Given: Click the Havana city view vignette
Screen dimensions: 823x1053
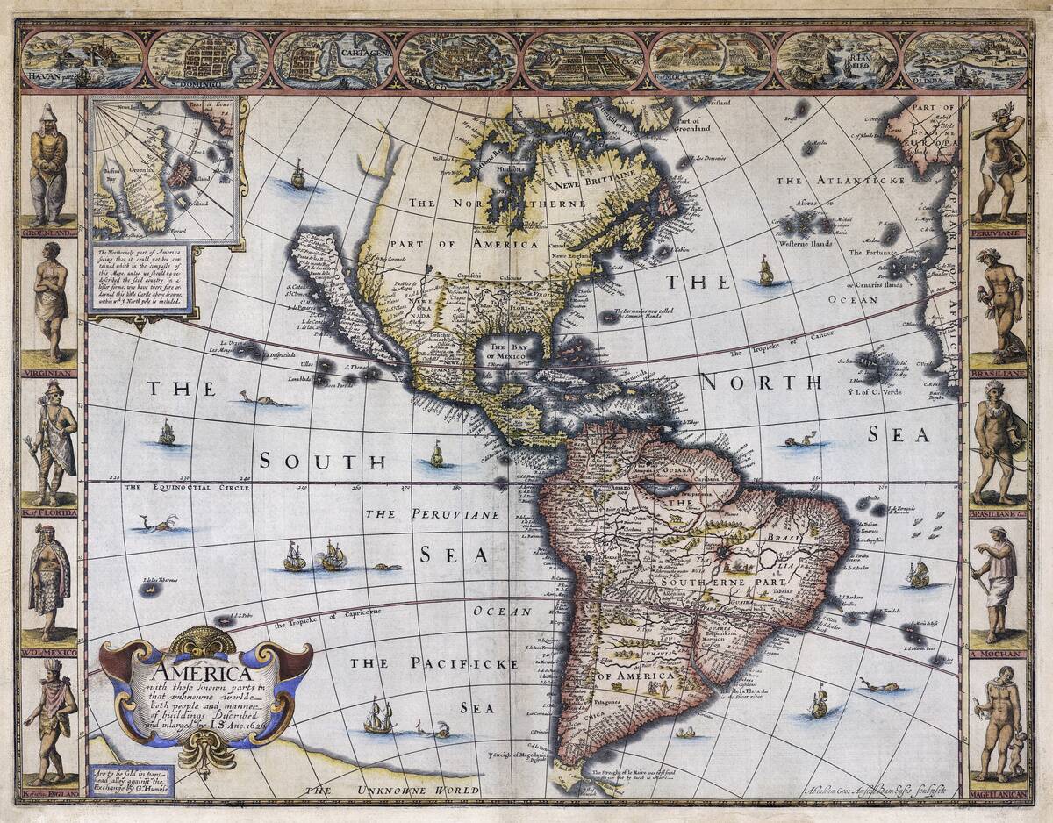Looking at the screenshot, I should pyautogui.click(x=81, y=60).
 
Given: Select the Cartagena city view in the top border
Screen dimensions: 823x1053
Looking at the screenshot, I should pyautogui.click(x=332, y=60).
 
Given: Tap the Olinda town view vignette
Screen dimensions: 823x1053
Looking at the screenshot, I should pyautogui.click(x=962, y=60).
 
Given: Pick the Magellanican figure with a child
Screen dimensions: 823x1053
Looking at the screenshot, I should pyautogui.click(x=999, y=724).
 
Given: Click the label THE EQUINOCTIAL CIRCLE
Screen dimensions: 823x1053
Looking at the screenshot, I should pyautogui.click(x=174, y=487).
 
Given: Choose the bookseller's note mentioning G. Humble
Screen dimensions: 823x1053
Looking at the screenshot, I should pyautogui.click(x=130, y=781).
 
